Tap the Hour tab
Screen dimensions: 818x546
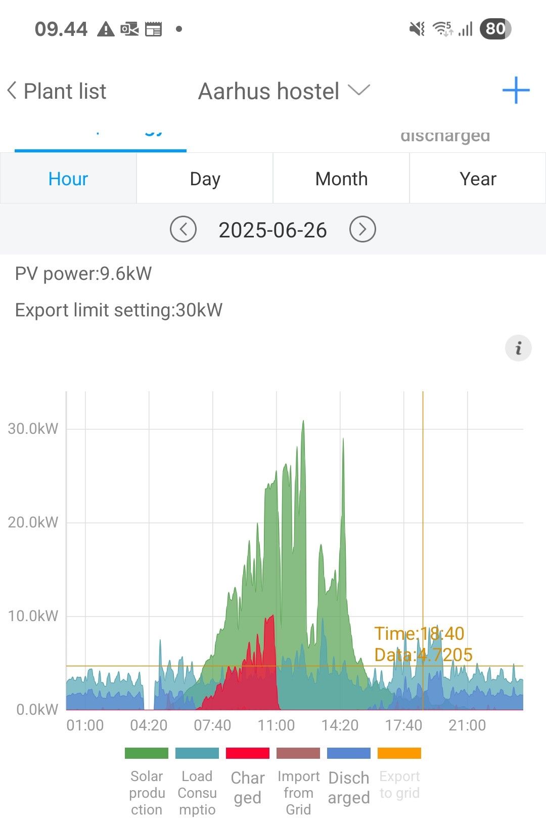[68, 179]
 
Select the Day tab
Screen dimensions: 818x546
[205, 179]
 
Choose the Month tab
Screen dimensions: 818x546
[341, 179]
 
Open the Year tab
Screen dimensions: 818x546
[478, 179]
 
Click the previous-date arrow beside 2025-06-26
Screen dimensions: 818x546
[183, 229]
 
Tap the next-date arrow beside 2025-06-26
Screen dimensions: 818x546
[362, 229]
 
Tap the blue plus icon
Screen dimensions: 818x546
[516, 91]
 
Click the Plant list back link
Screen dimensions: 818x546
[57, 92]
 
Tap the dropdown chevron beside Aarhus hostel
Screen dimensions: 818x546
[359, 91]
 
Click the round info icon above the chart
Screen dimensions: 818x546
[518, 348]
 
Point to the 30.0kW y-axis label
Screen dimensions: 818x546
[33, 429]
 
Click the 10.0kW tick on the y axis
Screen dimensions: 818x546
[33, 616]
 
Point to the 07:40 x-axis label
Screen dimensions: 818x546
[212, 725]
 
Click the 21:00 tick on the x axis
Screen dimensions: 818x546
[467, 725]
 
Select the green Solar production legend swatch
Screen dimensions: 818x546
[147, 753]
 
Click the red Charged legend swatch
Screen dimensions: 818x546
[248, 753]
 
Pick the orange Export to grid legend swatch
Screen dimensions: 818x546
[399, 753]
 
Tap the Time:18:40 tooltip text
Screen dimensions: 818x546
[419, 634]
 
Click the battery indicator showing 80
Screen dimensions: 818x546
[495, 29]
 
